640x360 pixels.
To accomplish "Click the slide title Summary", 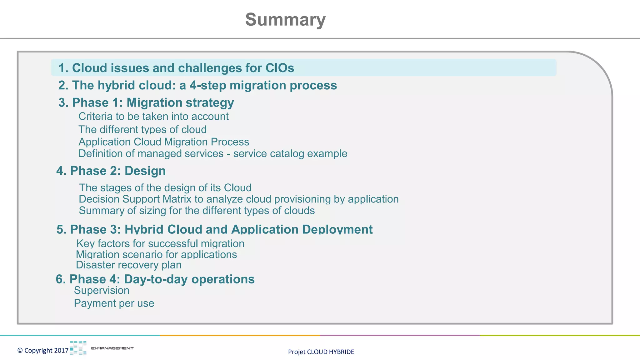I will click(285, 20).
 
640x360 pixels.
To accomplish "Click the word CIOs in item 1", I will click(280, 68).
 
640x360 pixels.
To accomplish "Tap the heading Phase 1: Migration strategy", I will click(146, 102).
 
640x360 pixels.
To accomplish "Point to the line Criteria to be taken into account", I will click(153, 117).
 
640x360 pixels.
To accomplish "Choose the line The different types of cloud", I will click(142, 129).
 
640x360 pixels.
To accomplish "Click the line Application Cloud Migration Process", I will click(164, 142).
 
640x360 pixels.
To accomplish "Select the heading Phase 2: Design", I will click(111, 171).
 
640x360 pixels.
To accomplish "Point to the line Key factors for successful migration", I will click(160, 244).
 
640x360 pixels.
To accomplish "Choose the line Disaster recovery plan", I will click(128, 265).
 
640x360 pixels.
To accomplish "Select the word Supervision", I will click(102, 291).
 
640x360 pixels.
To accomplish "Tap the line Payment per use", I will click(114, 303).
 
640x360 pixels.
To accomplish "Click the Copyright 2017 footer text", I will click(43, 351).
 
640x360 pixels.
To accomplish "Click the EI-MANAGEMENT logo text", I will click(112, 348).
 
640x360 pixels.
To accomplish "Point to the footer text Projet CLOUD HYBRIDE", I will click(321, 352).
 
